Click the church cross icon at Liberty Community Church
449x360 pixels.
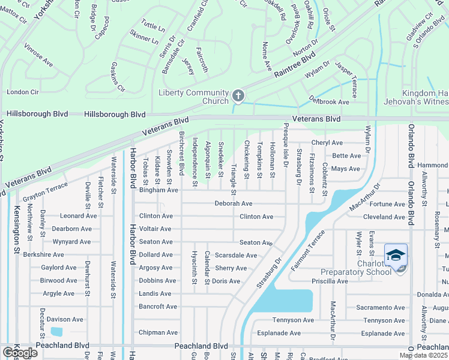238,96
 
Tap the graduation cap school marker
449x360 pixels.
396,257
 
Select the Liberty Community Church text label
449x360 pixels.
194,97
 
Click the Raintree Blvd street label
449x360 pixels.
295,64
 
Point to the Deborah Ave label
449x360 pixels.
234,203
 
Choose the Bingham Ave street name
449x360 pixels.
158,190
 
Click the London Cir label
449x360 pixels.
22,92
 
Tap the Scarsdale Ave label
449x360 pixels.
236,255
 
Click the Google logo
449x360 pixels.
19,353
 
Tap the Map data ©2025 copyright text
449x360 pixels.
423,355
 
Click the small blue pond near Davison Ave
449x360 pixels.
56,332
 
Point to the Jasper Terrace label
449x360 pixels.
346,79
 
